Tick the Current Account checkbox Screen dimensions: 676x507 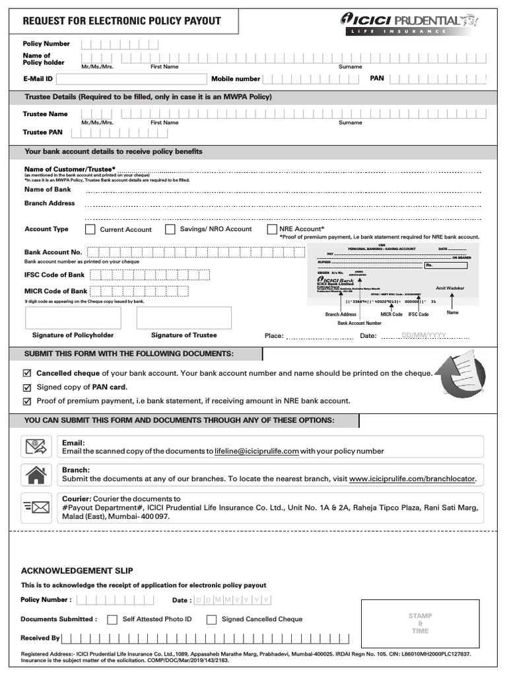(x=90, y=230)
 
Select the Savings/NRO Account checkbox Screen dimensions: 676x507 (x=170, y=229)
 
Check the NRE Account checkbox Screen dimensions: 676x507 (x=272, y=229)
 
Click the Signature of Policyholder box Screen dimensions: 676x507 (x=73, y=318)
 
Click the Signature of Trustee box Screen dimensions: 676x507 (x=184, y=318)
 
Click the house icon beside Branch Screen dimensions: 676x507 (x=36, y=475)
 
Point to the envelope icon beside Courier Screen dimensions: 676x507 (x=36, y=507)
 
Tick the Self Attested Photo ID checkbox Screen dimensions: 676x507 (x=112, y=620)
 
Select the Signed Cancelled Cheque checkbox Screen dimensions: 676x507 (x=211, y=620)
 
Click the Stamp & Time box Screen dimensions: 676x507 (x=420, y=623)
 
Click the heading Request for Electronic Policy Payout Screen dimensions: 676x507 (x=121, y=21)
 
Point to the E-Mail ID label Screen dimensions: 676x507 (x=38, y=79)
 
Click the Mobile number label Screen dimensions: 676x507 (x=236, y=79)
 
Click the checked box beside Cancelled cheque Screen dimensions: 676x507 (x=27, y=374)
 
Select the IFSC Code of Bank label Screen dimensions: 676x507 (x=54, y=275)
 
